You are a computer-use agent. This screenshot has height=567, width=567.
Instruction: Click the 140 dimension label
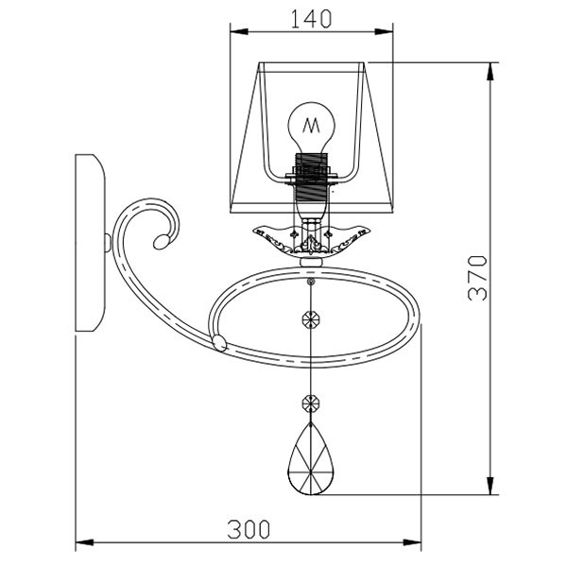pos(311,19)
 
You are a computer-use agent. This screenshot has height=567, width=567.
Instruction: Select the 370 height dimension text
pos(477,278)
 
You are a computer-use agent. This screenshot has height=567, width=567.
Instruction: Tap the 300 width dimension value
pos(249,529)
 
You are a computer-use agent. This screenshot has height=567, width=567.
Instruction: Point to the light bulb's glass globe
pos(311,127)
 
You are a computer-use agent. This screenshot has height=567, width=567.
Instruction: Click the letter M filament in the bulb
pos(311,125)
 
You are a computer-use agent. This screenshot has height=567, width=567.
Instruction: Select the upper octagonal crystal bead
pos(311,319)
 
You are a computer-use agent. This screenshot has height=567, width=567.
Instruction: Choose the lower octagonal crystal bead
pos(311,403)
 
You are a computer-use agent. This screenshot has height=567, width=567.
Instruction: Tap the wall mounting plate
pos(90,243)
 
